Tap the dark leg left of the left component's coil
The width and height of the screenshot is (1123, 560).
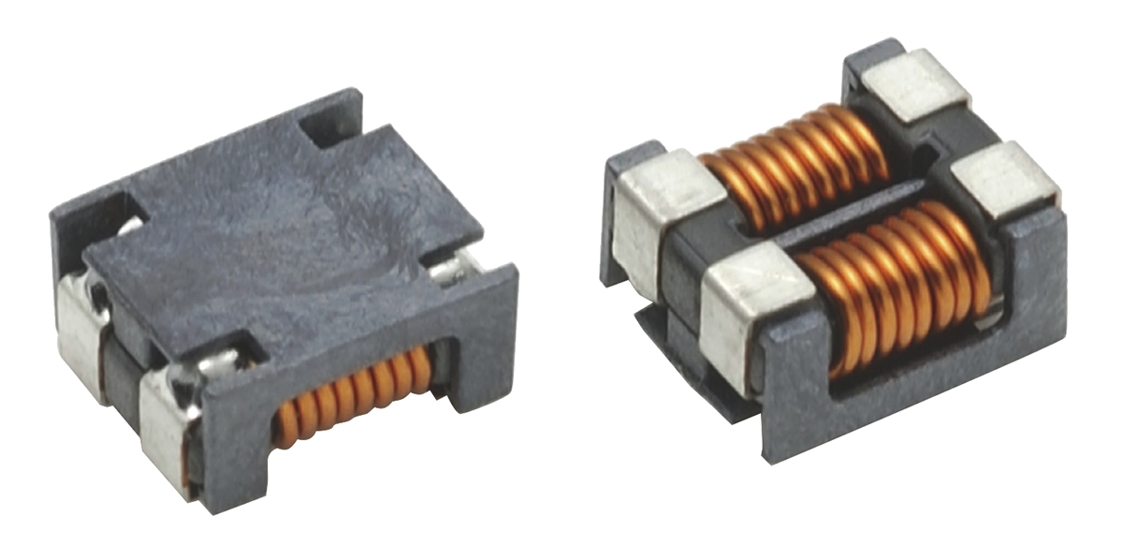click(x=234, y=449)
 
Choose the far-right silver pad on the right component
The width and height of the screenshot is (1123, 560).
click(x=1006, y=178)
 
